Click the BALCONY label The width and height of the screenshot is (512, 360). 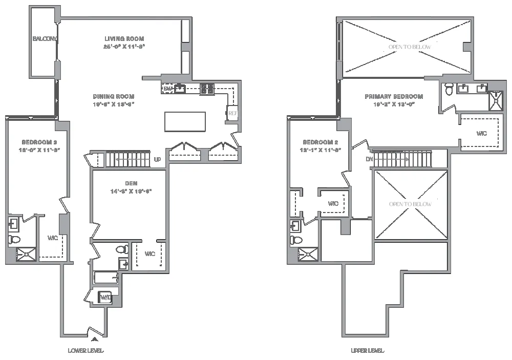pos(44,39)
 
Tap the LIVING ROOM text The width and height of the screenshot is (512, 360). pos(124,39)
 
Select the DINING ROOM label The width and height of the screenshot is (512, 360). pos(113,96)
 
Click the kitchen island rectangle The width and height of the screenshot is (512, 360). pos(185,121)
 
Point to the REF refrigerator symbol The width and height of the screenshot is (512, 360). pos(232,113)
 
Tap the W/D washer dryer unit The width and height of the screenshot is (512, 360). pos(106,297)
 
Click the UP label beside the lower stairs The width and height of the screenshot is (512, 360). pos(158,159)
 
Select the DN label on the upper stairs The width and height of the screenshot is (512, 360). pos(370,159)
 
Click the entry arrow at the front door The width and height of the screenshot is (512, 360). pos(93,338)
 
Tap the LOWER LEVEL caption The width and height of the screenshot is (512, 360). pos(86,351)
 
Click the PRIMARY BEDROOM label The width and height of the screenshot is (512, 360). pos(394,96)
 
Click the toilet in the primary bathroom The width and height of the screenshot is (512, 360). pos(449,89)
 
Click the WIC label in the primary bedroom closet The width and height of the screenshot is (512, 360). pos(481,133)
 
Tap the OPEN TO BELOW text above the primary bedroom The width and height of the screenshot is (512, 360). pos(410,47)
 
